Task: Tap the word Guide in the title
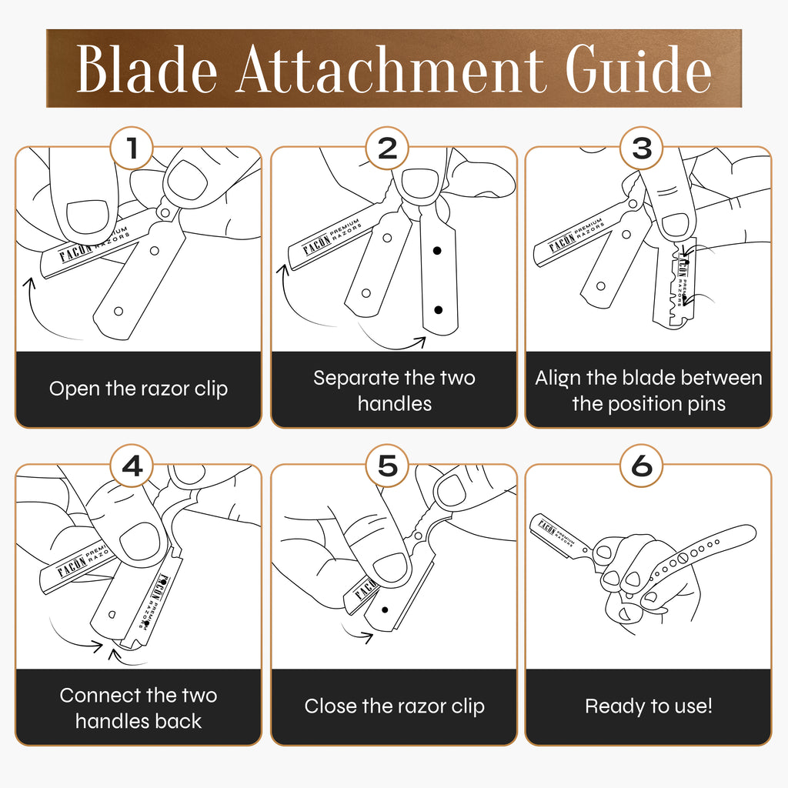tap(638, 68)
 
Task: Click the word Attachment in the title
tap(390, 68)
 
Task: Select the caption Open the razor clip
tap(139, 389)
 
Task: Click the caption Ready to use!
tap(648, 706)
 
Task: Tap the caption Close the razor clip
tap(395, 706)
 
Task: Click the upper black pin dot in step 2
tap(437, 250)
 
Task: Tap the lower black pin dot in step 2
tap(438, 310)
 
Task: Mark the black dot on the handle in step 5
tap(385, 610)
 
